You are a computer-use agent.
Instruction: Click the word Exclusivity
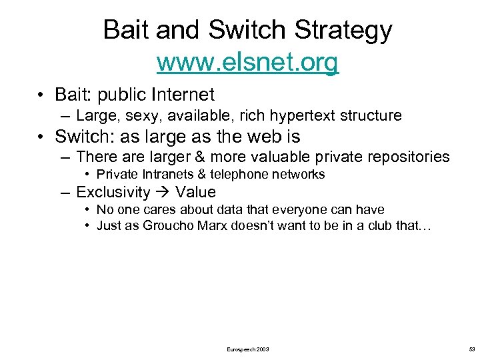pyautogui.click(x=113, y=193)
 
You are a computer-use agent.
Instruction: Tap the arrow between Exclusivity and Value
pyautogui.click(x=163, y=193)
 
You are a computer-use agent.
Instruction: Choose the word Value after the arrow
pyautogui.click(x=195, y=193)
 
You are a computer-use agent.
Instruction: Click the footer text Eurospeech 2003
pyautogui.click(x=248, y=349)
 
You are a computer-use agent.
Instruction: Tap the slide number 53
pyautogui.click(x=472, y=349)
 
